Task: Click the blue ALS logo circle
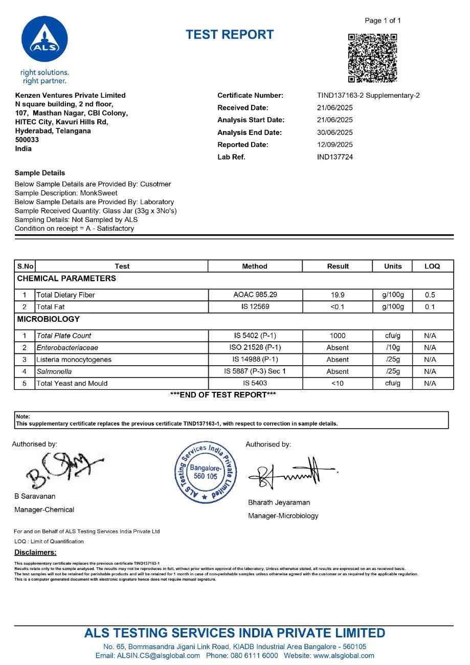pyautogui.click(x=44, y=39)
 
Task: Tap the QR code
pyautogui.click(x=372, y=58)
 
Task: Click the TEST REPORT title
pyautogui.click(x=230, y=35)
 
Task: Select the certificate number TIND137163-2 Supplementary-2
pyautogui.click(x=368, y=96)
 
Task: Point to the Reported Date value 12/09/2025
pyautogui.click(x=335, y=145)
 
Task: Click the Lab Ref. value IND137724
pyautogui.click(x=335, y=157)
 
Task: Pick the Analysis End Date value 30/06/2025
pyautogui.click(x=335, y=132)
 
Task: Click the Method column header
pyautogui.click(x=255, y=266)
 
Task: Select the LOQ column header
pyautogui.click(x=432, y=266)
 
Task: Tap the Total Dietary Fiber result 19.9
pyautogui.click(x=338, y=295)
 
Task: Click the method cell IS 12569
pyautogui.click(x=255, y=307)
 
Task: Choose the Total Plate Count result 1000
pyautogui.click(x=338, y=336)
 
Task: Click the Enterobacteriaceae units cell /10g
pyautogui.click(x=393, y=348)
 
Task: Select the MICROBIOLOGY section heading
pyautogui.click(x=49, y=319)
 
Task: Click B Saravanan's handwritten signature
pyautogui.click(x=61, y=469)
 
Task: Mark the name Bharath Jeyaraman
pyautogui.click(x=279, y=503)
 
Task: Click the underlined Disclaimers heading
pyautogui.click(x=35, y=552)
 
